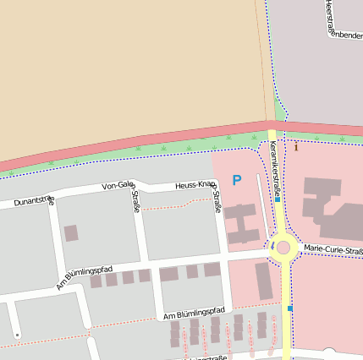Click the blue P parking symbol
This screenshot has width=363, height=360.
point(237,180)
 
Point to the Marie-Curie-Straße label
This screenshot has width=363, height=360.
point(333,248)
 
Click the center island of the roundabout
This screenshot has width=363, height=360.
point(283,248)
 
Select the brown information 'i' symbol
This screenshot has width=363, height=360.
point(296,147)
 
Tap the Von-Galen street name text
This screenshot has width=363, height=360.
point(118,185)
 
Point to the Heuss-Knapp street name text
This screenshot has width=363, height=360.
point(195,184)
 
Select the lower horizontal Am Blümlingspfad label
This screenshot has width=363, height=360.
point(195,314)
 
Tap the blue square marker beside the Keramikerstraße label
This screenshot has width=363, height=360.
point(278,200)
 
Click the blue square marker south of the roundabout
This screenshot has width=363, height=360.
point(289,309)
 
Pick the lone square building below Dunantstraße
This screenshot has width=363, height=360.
point(71,232)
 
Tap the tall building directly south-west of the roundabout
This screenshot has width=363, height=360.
point(264,281)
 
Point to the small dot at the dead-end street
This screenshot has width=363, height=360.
point(17,335)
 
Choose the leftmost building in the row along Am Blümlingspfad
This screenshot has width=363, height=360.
point(96,281)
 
